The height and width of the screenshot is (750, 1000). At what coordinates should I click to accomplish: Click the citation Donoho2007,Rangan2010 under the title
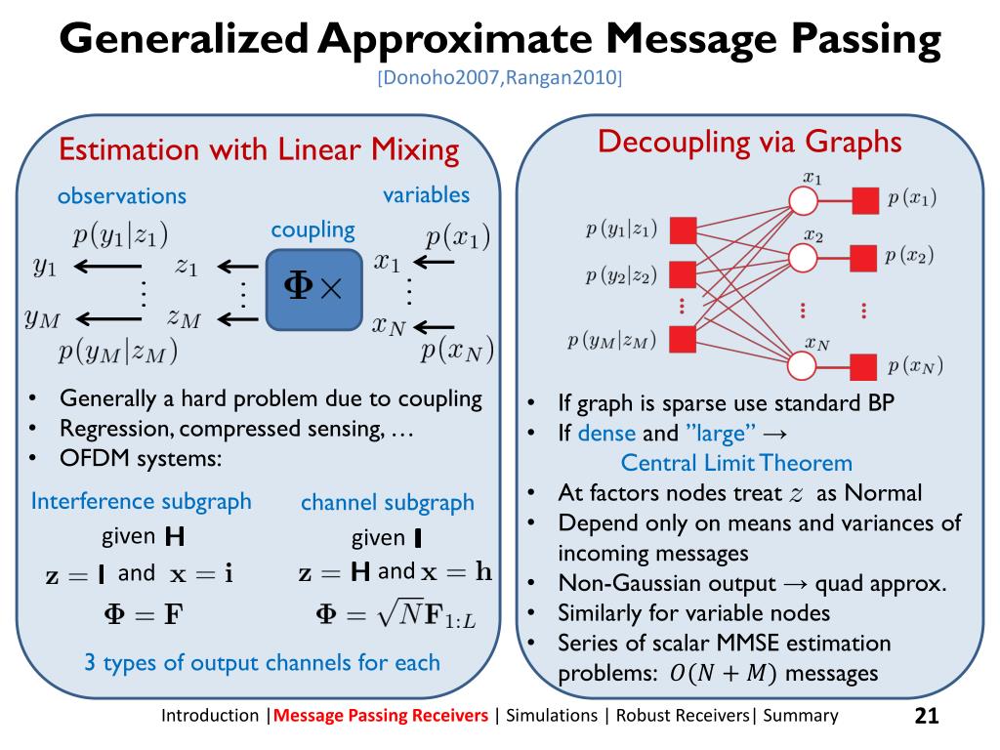(500, 78)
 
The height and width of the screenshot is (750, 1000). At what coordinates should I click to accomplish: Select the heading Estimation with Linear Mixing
(259, 150)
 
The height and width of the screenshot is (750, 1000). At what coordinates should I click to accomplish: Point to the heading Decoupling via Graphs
(749, 143)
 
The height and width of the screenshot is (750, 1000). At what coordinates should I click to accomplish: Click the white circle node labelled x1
(802, 201)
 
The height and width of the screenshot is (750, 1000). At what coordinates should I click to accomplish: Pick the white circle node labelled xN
(802, 365)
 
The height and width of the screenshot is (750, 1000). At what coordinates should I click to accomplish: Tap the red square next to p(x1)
(863, 201)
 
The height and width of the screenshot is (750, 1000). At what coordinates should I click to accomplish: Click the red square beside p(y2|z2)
(683, 274)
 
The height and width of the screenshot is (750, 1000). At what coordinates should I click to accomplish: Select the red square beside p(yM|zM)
(683, 338)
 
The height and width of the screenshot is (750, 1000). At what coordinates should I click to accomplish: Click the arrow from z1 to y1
(107, 267)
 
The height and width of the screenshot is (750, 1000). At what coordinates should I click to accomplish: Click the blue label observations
(121, 195)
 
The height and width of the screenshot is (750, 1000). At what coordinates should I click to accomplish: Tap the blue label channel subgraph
(387, 503)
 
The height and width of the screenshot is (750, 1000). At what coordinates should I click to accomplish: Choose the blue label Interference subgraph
(141, 502)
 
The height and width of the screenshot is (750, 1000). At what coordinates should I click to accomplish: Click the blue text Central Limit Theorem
(736, 463)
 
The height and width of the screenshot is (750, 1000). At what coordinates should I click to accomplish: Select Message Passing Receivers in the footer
(381, 716)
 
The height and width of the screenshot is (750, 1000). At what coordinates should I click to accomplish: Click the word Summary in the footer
(800, 716)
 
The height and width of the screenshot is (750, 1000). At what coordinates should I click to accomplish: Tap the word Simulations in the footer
(552, 716)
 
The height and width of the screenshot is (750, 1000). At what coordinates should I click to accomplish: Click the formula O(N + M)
(723, 674)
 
